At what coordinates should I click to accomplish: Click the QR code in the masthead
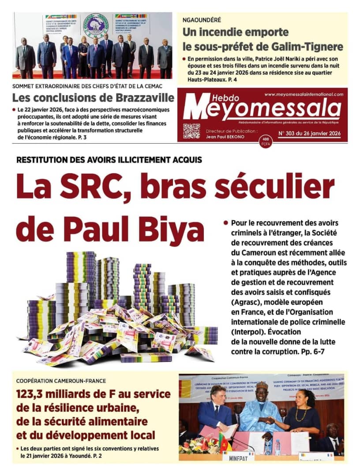[x=191, y=131]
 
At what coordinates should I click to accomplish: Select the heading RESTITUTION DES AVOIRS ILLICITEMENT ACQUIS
[x=109, y=160]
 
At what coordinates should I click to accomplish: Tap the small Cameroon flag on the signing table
[x=224, y=441]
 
